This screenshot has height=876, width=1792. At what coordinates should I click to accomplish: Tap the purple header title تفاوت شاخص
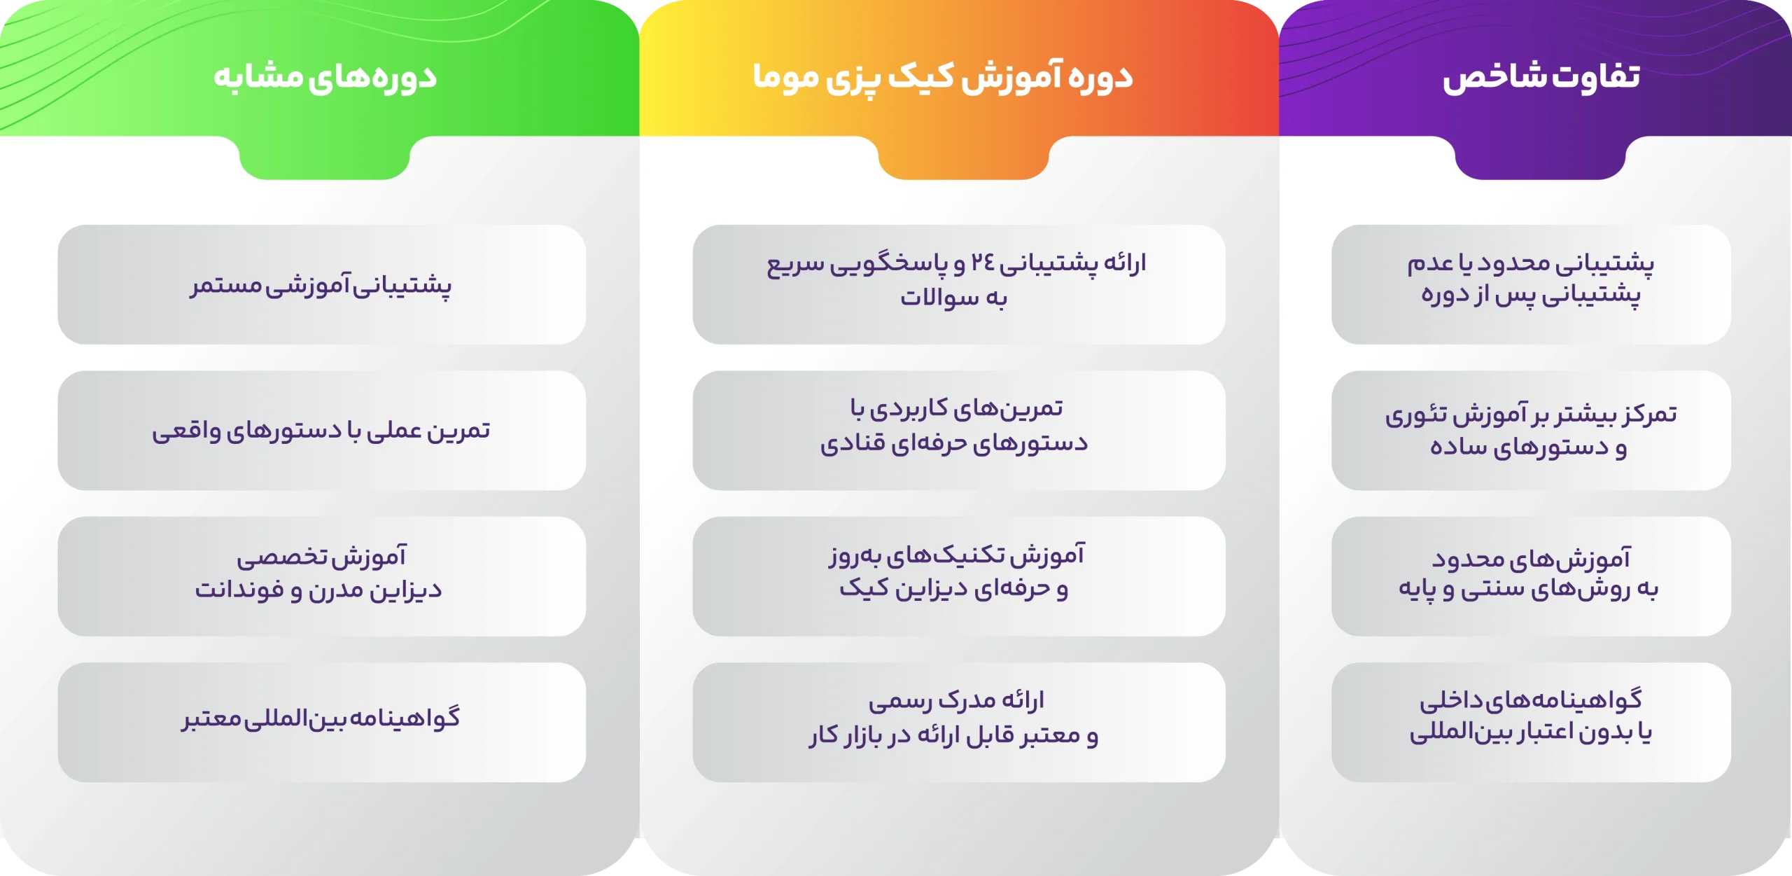click(1541, 76)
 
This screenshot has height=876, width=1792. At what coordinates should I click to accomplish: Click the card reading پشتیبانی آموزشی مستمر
click(322, 284)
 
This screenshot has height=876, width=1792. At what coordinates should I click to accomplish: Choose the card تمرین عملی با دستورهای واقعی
click(322, 431)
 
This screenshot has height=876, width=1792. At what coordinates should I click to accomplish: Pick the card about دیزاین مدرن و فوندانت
click(322, 576)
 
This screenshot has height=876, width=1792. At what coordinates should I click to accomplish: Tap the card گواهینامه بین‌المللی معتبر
click(322, 723)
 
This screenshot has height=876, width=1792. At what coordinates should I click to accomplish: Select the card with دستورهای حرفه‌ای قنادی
click(959, 431)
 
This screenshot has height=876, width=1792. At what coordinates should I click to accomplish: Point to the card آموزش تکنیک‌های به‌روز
click(959, 576)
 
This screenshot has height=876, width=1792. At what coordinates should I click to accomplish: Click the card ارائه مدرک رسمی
click(959, 723)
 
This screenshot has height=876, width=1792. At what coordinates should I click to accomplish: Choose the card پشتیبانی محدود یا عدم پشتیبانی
click(1531, 284)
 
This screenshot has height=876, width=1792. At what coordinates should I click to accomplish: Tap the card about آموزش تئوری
click(1531, 431)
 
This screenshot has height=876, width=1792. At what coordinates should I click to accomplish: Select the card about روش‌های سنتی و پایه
click(1531, 576)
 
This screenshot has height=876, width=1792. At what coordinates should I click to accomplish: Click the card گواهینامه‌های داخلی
click(1531, 723)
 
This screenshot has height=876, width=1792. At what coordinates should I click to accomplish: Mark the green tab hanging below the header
click(324, 158)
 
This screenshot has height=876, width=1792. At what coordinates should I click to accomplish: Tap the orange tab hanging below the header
click(963, 158)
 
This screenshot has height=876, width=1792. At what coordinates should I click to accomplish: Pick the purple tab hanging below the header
click(1540, 158)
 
